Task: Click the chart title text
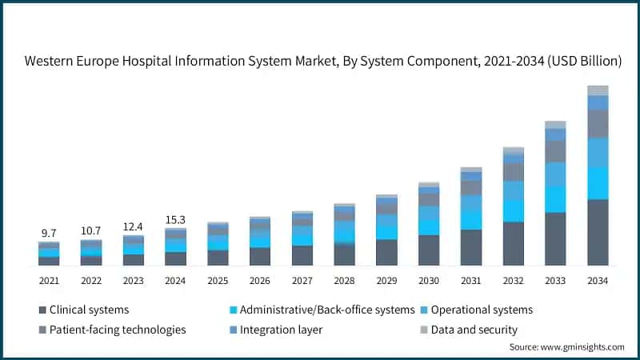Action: [x=322, y=61]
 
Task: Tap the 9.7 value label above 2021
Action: [x=49, y=233]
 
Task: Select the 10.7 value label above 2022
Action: [x=91, y=230]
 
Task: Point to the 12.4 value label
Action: [x=134, y=226]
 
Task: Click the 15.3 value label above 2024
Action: [x=176, y=219]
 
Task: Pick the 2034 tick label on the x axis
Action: [x=598, y=281]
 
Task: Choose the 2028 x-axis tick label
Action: [x=344, y=281]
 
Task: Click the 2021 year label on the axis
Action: [x=49, y=281]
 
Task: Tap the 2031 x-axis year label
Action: [x=471, y=281]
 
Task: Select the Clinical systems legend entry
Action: [x=83, y=310]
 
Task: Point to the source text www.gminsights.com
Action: [x=566, y=347]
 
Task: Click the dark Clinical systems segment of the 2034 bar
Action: [x=598, y=232]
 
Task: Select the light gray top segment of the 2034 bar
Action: [x=598, y=90]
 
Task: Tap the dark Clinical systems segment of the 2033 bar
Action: [x=555, y=238]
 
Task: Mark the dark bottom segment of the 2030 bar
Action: [x=429, y=250]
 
